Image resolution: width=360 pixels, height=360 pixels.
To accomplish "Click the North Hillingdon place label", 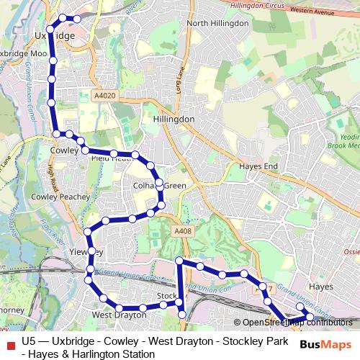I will [217, 23].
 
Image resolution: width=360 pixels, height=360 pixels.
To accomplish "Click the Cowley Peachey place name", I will [60, 196].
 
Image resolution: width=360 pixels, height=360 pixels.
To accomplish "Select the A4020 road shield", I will [104, 95].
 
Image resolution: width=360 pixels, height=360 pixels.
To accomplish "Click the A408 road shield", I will [183, 230].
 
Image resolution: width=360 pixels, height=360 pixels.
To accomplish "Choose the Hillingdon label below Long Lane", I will [174, 119].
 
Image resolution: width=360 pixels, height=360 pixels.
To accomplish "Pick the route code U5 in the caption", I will [30, 341].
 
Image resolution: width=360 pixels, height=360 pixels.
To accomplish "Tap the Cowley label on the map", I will [64, 151].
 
